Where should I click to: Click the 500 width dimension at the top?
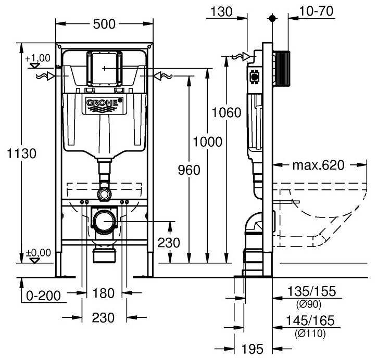104,24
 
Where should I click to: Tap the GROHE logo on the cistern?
105,104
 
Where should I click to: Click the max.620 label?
318,165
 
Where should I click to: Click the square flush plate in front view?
105,68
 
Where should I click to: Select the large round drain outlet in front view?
104,221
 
